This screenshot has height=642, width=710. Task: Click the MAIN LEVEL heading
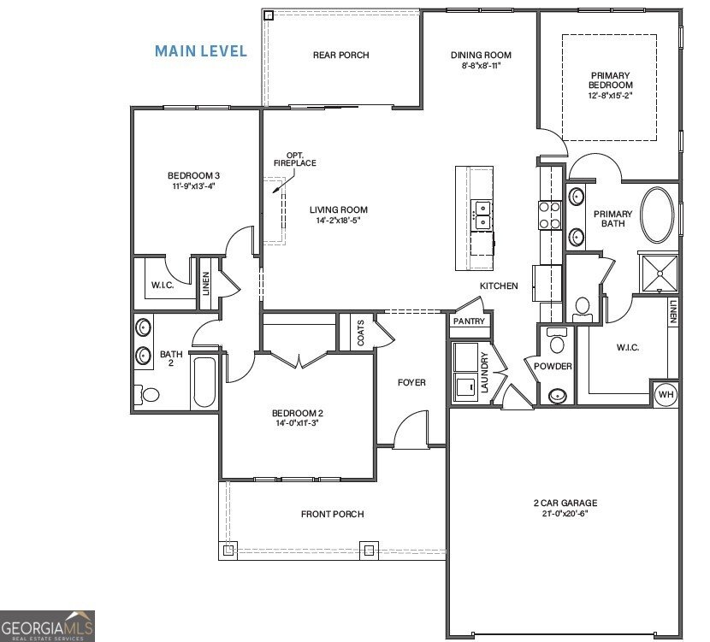click(x=201, y=51)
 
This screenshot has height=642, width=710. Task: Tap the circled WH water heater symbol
click(x=666, y=394)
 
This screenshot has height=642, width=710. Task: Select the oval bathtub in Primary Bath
click(x=657, y=215)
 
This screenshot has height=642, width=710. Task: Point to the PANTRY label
click(x=469, y=321)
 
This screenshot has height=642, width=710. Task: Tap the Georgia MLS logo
click(x=47, y=626)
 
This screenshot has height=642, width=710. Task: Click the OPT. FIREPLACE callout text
click(x=295, y=159)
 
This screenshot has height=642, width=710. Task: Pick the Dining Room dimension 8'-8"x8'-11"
click(x=481, y=66)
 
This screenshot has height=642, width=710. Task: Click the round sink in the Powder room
click(x=558, y=395)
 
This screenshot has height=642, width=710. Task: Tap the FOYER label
click(x=411, y=382)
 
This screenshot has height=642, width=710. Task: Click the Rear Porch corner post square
click(x=269, y=15)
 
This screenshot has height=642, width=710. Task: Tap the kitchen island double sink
click(x=482, y=214)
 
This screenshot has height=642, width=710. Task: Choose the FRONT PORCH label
click(x=332, y=514)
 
